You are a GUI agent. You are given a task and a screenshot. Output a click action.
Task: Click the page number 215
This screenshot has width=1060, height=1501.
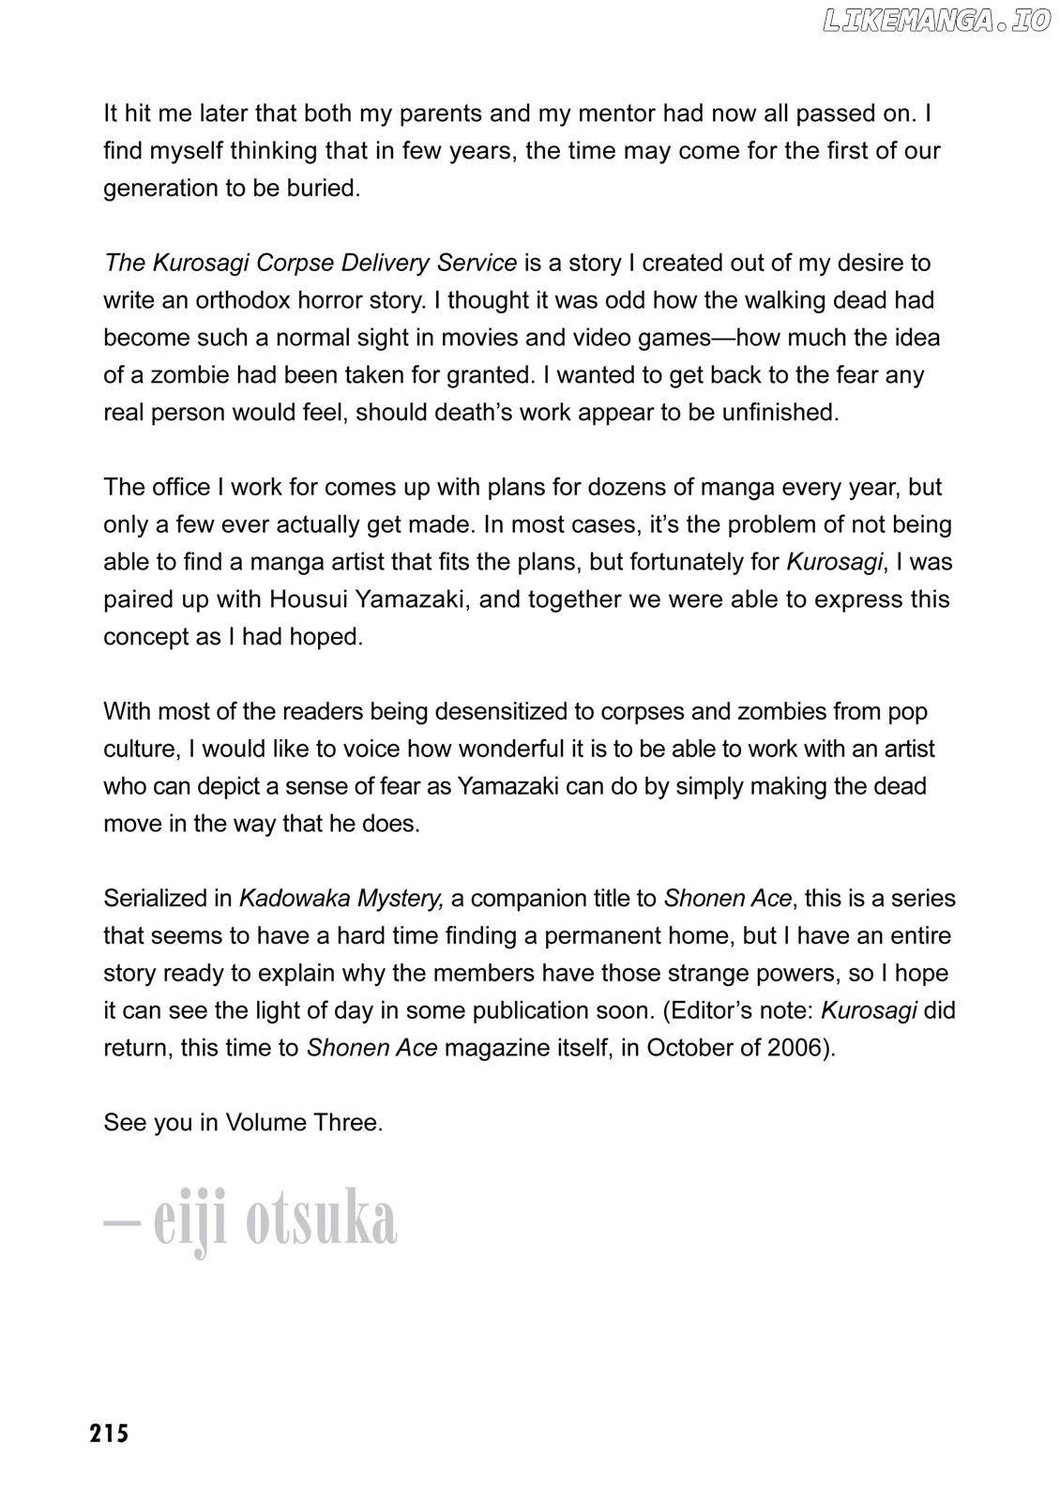(110, 1433)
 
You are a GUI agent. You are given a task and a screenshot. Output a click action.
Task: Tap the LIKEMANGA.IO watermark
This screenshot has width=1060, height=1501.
(936, 22)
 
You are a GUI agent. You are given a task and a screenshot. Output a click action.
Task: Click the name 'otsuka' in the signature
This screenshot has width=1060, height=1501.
(321, 1221)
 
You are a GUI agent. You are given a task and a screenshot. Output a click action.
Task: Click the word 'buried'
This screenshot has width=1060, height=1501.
(324, 188)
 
